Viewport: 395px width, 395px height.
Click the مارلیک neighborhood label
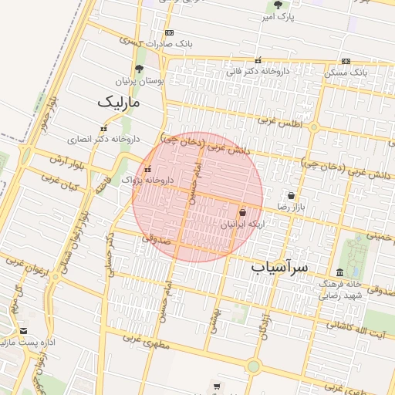click(x=120, y=101)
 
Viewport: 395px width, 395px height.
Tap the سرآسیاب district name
click(x=279, y=267)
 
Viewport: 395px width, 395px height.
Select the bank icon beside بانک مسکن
click(x=346, y=61)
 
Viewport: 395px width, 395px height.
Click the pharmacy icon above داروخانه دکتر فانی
click(x=258, y=60)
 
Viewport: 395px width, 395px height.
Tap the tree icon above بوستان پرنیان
click(x=139, y=69)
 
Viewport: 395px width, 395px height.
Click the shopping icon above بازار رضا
click(x=291, y=196)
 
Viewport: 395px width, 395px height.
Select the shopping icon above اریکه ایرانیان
click(x=243, y=212)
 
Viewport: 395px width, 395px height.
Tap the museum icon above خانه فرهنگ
click(x=340, y=272)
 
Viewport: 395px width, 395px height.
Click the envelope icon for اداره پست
click(x=23, y=330)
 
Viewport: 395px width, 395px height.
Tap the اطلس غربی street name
click(x=277, y=120)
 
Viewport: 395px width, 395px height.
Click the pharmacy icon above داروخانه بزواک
click(x=147, y=169)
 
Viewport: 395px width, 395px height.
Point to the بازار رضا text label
click(x=292, y=208)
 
